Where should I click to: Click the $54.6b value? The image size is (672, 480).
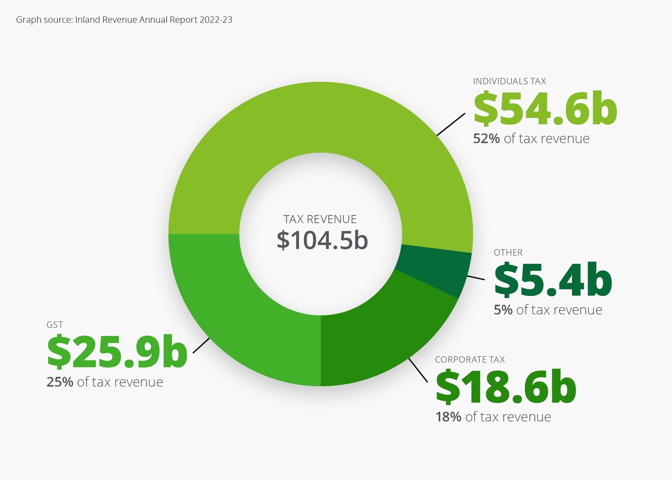[x=545, y=109]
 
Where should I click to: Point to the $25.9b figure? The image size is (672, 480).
[x=117, y=352]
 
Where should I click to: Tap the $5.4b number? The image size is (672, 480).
[x=553, y=279]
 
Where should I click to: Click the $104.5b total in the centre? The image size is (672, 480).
[x=322, y=240]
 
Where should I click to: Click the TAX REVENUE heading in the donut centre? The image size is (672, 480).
[x=320, y=219]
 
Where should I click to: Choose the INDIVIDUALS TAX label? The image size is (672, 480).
[x=509, y=81]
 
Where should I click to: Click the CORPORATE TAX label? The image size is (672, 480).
[x=470, y=360]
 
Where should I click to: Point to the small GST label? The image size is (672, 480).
[x=55, y=325]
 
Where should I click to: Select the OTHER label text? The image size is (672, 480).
[x=508, y=253]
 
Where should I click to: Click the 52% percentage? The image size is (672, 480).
[x=486, y=139]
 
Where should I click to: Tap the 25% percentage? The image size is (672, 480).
[x=60, y=382]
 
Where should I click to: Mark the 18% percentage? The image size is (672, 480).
[x=448, y=417]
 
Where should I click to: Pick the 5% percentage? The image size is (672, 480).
[x=503, y=310]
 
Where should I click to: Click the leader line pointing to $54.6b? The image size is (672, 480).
[x=451, y=124]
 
